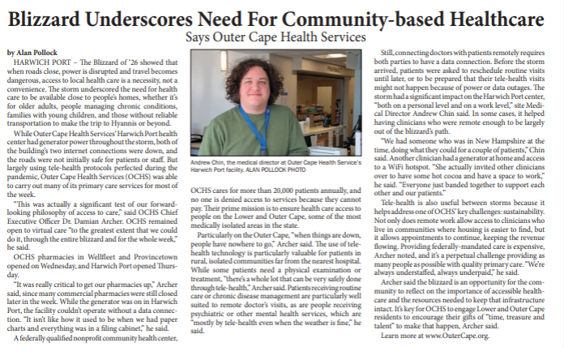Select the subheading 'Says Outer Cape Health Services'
(276, 37)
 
